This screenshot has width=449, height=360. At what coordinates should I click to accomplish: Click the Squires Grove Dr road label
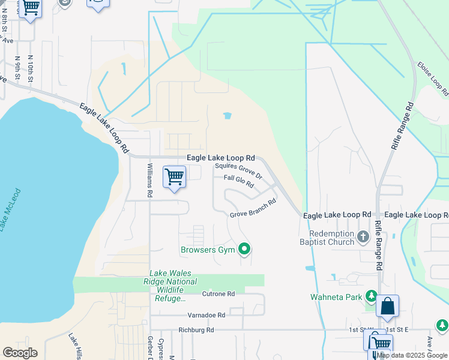tap(239, 171)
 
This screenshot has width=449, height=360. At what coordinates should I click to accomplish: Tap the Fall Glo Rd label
tap(239, 181)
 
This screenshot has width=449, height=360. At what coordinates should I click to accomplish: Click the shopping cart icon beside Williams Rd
tap(174, 177)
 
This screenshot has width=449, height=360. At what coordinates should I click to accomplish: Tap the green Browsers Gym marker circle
tap(244, 248)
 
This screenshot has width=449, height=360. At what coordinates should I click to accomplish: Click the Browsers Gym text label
tap(208, 248)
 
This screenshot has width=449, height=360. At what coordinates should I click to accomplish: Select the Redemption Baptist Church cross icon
tap(363, 237)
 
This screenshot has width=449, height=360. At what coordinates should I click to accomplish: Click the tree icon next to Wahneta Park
tap(371, 296)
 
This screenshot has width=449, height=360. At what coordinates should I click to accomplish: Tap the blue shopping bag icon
tap(388, 306)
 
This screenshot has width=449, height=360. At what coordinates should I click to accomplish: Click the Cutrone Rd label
tap(218, 294)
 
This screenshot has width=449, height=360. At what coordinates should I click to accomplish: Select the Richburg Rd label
tap(196, 330)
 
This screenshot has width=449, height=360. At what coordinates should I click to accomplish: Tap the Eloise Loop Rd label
tap(432, 79)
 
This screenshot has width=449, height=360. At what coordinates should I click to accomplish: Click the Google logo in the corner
tap(20, 353)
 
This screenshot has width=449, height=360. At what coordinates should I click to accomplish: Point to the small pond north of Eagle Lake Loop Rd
tap(227, 116)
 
